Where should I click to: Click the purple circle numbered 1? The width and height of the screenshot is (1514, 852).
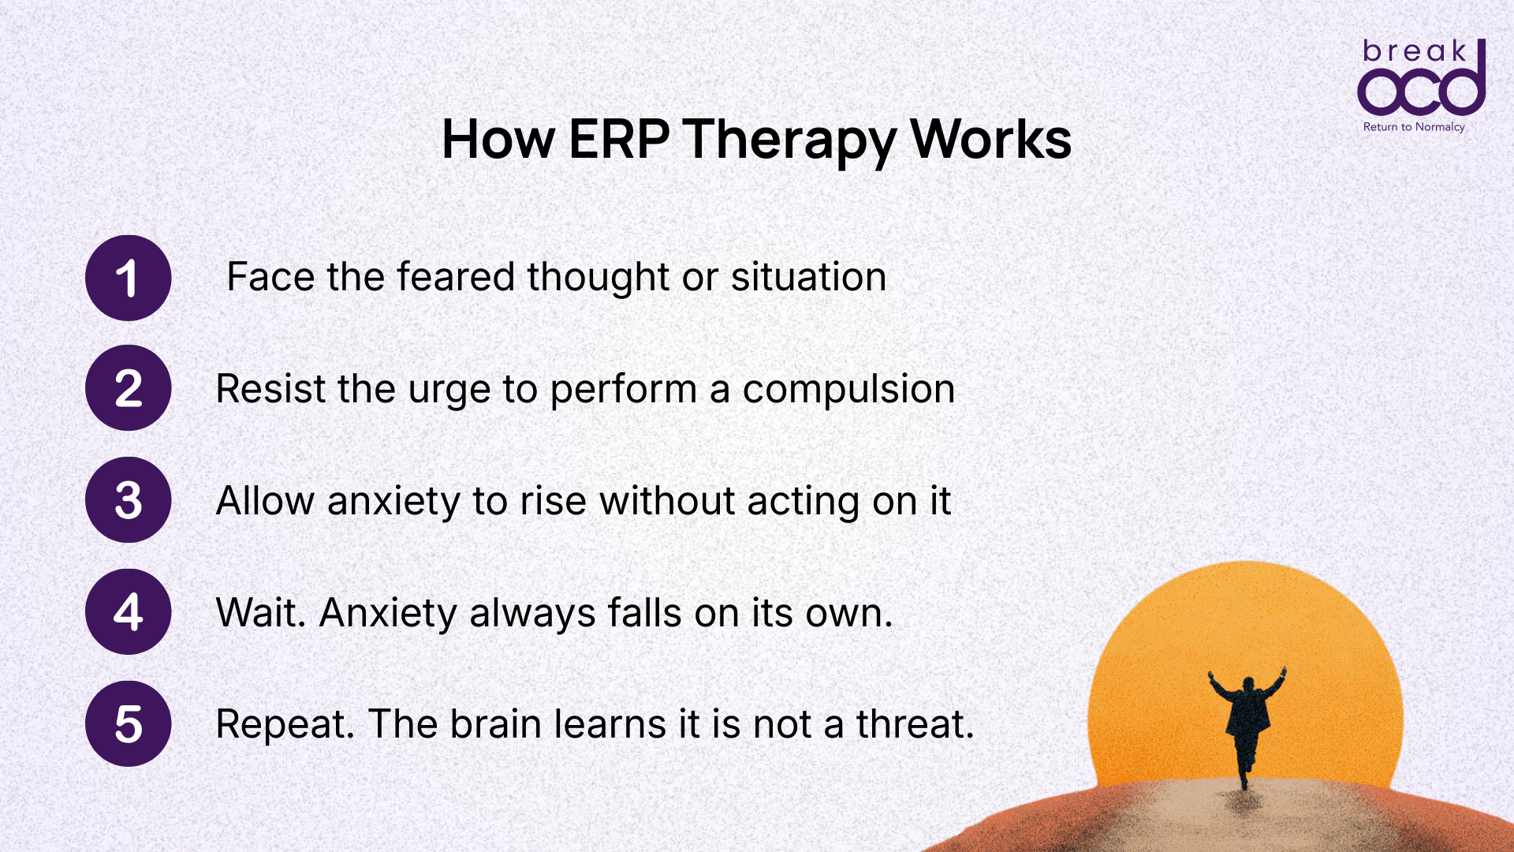pos(128,278)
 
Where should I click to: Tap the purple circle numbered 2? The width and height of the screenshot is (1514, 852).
pos(128,388)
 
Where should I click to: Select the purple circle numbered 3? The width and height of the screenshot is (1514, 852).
pos(128,500)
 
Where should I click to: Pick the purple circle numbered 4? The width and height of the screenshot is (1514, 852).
pos(128,612)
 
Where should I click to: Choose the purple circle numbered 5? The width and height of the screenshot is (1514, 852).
pos(128,724)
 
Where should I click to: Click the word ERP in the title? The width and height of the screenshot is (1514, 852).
pos(619,140)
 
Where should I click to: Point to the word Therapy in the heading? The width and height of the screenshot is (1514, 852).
pos(789,140)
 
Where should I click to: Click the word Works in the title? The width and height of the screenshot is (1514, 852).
pos(990,140)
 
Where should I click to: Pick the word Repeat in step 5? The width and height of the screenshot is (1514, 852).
pos(285,725)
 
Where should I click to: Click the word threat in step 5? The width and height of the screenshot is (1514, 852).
pos(915,724)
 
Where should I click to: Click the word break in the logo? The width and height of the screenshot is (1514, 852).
pos(1415,52)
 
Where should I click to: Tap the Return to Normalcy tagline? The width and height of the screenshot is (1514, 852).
pos(1414,127)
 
